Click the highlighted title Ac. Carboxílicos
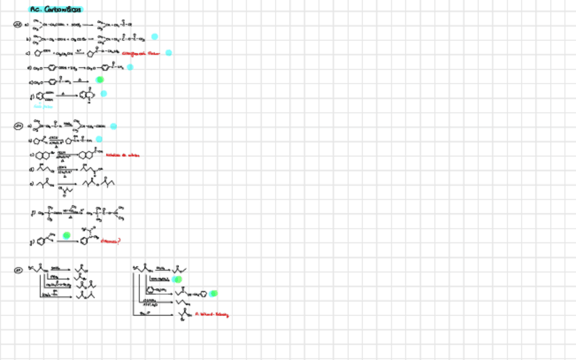pos(56,10)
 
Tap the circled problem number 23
pos(18,25)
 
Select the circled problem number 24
pos(18,126)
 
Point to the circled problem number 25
pos(18,270)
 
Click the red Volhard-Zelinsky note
pos(211,314)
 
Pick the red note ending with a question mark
pos(111,240)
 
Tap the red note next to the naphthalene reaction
pos(124,155)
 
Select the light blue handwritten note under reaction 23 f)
pos(43,106)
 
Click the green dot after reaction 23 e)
pos(99,79)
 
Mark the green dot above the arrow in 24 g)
pos(67,235)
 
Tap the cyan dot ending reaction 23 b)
pos(154,37)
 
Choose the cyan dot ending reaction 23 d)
pos(130,67)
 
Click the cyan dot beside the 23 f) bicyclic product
pos(103,94)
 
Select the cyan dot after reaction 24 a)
pos(113,126)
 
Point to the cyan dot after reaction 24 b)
pos(99,139)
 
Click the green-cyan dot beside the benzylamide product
pos(213,293)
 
